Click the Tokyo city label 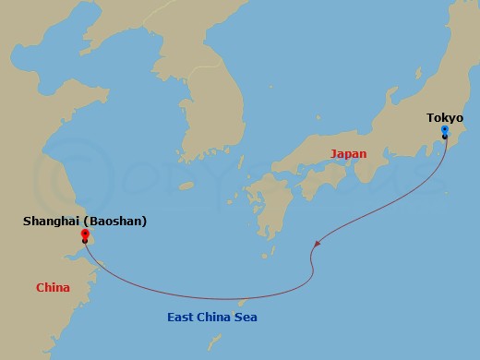click(445, 117)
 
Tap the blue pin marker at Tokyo click(445, 131)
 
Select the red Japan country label click(348, 154)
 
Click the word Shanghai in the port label click(54, 222)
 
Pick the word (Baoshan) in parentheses click(116, 222)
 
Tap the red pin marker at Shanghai click(84, 234)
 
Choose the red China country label click(53, 287)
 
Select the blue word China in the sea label click(220, 318)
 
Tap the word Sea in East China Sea click(247, 318)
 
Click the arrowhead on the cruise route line click(318, 244)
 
